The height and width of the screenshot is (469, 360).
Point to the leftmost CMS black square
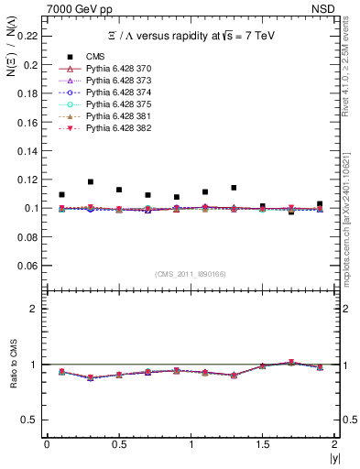61,195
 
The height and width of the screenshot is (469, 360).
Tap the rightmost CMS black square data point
320,204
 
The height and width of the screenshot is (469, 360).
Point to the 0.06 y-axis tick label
30,266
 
